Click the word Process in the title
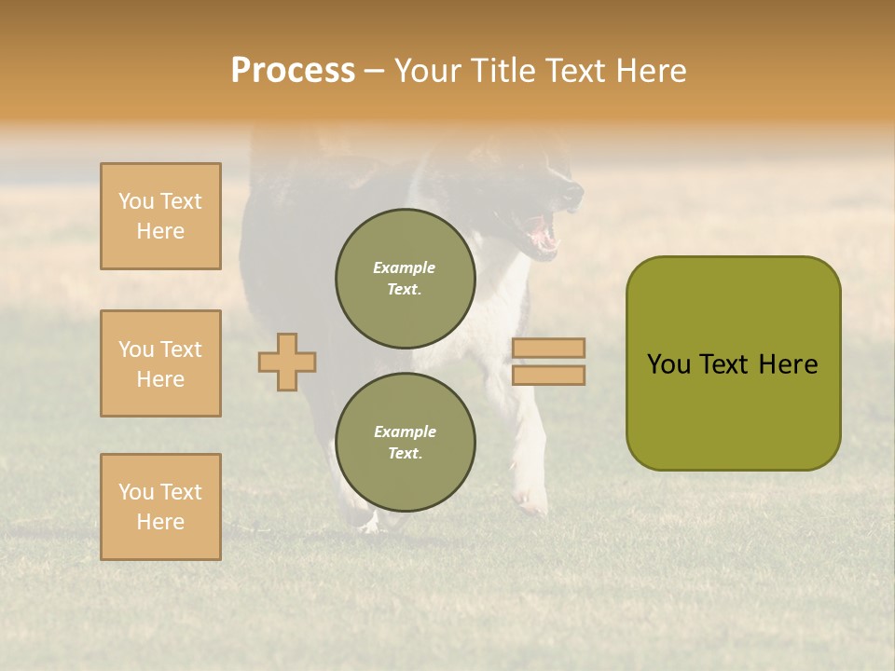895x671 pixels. (x=293, y=71)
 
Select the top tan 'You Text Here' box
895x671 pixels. (x=160, y=216)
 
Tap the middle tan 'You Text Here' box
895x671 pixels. (x=160, y=363)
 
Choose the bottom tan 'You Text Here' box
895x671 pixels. (x=160, y=507)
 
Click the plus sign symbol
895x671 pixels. (x=287, y=362)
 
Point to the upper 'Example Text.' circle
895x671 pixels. (x=406, y=279)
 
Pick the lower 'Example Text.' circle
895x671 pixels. (x=406, y=443)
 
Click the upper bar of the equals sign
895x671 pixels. (x=548, y=348)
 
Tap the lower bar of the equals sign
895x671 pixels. (x=548, y=376)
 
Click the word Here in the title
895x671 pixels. (x=652, y=71)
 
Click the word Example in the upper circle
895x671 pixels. (x=404, y=267)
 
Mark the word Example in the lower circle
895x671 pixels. (x=405, y=431)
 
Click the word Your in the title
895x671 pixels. (x=428, y=71)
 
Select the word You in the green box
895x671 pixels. (x=668, y=364)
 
